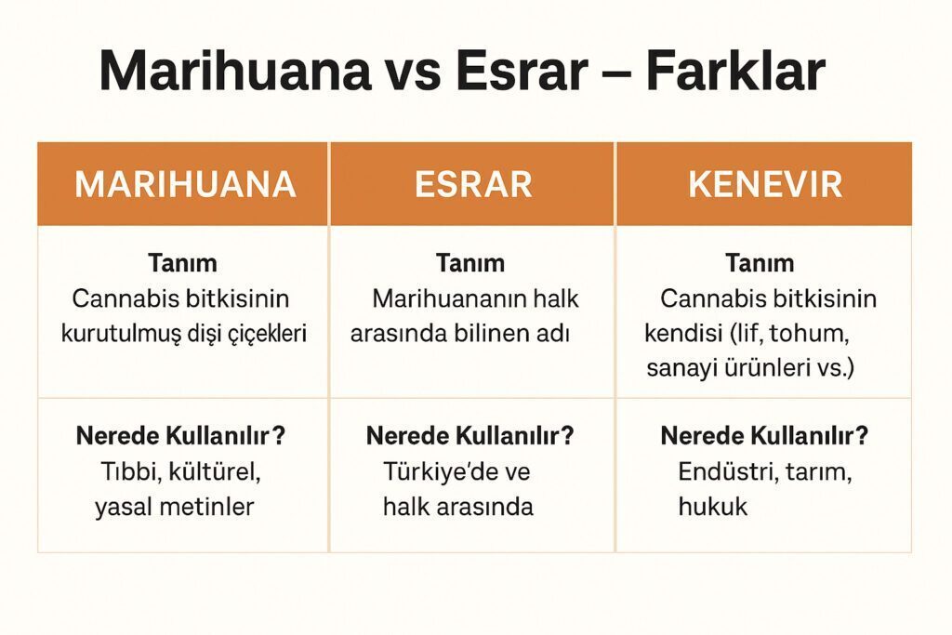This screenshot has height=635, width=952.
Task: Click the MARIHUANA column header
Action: [185, 184]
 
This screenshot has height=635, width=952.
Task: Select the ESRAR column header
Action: [473, 184]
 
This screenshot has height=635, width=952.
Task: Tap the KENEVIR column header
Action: [765, 184]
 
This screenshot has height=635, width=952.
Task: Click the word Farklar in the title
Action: [735, 70]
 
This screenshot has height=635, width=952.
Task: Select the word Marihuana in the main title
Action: [235, 70]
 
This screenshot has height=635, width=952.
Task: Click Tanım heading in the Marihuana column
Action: [182, 263]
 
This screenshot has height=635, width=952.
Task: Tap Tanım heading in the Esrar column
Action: [470, 263]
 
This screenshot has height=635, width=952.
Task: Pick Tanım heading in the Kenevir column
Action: [760, 263]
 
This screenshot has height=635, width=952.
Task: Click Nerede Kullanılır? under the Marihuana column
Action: [180, 436]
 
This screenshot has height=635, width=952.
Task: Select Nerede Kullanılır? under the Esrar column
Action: [469, 436]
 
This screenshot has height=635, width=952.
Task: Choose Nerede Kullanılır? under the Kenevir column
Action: [764, 436]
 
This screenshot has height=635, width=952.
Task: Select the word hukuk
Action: [713, 507]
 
